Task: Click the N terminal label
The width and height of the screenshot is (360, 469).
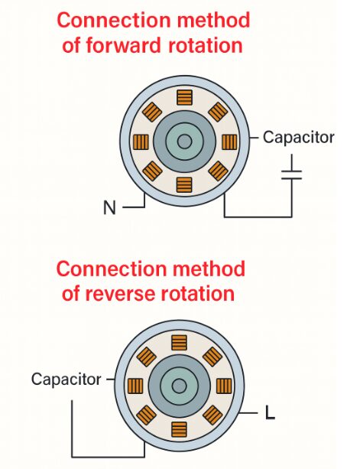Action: pyautogui.click(x=109, y=207)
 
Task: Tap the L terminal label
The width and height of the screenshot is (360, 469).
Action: pyautogui.click(x=270, y=413)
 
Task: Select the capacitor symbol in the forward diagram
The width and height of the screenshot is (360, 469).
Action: pyautogui.click(x=291, y=175)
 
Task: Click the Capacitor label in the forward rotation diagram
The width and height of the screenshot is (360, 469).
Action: pyautogui.click(x=298, y=138)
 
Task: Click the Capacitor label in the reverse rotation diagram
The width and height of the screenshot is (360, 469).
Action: pyautogui.click(x=66, y=379)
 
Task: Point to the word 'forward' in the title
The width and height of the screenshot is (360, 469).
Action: pyautogui.click(x=122, y=45)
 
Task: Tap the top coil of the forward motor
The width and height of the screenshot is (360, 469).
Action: pyautogui.click(x=184, y=97)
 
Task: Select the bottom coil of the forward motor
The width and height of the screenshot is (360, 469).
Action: pyautogui.click(x=184, y=185)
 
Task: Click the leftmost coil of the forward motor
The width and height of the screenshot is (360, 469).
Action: pyautogui.click(x=141, y=142)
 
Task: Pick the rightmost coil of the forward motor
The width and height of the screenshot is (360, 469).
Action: pyautogui.click(x=229, y=142)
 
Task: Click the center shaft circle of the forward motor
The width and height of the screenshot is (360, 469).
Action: pyautogui.click(x=185, y=142)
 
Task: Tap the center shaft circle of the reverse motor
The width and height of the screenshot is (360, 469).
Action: pyautogui.click(x=180, y=386)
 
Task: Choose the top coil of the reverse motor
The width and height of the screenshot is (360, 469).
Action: pyautogui.click(x=180, y=343)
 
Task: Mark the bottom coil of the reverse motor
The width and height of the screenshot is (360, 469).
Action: pyautogui.click(x=180, y=429)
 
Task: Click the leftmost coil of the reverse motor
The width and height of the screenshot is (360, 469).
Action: pyautogui.click(x=135, y=386)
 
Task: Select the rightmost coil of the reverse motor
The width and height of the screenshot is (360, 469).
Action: pyautogui.click(x=224, y=386)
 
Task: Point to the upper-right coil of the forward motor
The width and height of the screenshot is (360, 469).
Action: pyautogui.click(x=218, y=112)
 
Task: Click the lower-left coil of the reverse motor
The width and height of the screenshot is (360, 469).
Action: pyautogui.click(x=147, y=415)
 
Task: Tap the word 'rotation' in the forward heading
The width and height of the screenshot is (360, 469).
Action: pyautogui.click(x=206, y=45)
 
